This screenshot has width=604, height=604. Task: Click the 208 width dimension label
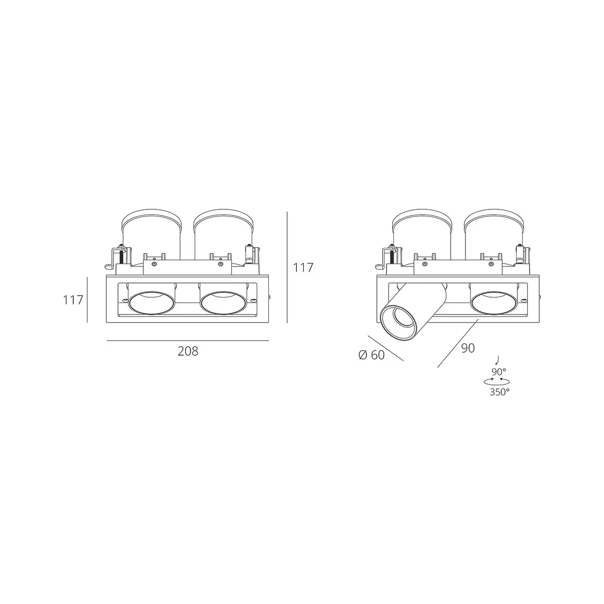click(x=188, y=352)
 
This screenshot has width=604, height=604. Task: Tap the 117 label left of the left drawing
click(x=73, y=300)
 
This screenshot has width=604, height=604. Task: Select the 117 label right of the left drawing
click(x=303, y=267)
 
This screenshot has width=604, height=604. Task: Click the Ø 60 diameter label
click(x=372, y=354)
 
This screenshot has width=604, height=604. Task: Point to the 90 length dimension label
click(x=468, y=348)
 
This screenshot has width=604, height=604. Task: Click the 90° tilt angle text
click(x=499, y=372)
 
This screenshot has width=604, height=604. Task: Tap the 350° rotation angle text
click(x=500, y=392)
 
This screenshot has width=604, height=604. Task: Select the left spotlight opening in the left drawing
click(x=152, y=303)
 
